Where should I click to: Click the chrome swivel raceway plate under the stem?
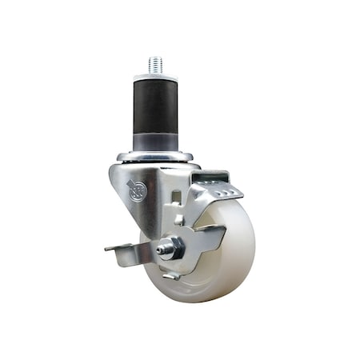point(154,156)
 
